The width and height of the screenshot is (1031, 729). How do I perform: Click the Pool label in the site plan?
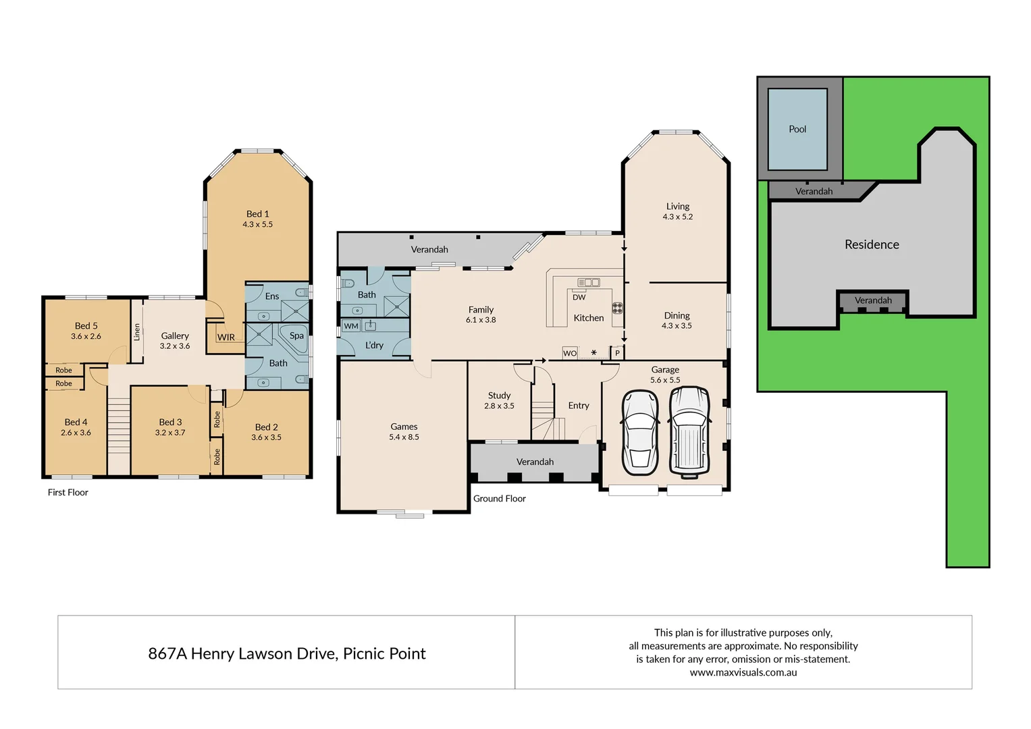pyautogui.click(x=797, y=129)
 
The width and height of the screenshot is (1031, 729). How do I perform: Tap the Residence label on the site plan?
pyautogui.click(x=872, y=244)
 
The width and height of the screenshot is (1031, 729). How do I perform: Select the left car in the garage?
pyautogui.click(x=639, y=432)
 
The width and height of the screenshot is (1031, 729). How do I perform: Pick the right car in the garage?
pyautogui.click(x=689, y=432)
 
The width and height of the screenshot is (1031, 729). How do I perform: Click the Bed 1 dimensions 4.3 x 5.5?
pyautogui.click(x=258, y=224)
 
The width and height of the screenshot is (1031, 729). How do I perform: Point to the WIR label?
pyautogui.click(x=226, y=337)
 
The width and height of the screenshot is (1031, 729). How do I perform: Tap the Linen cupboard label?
pyautogui.click(x=137, y=331)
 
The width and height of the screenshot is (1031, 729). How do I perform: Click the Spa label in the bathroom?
pyautogui.click(x=296, y=335)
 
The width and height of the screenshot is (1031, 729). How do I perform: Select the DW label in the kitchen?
pyautogui.click(x=579, y=297)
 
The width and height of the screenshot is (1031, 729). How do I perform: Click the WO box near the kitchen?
pyautogui.click(x=570, y=353)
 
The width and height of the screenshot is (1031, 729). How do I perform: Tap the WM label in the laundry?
pyautogui.click(x=351, y=326)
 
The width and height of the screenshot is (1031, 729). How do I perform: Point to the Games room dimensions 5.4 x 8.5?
pyautogui.click(x=404, y=437)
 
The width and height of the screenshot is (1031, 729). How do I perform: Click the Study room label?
pyautogui.click(x=499, y=396)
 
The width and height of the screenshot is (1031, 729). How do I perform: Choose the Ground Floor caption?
pyautogui.click(x=499, y=498)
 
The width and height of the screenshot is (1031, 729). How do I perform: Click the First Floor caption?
pyautogui.click(x=68, y=492)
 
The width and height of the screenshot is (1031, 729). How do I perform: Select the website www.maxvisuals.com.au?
pyautogui.click(x=743, y=672)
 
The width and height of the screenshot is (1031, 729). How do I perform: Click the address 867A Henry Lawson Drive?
pyautogui.click(x=286, y=653)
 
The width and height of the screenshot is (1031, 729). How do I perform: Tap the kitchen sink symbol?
pyautogui.click(x=588, y=282)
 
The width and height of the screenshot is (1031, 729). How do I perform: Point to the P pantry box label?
pyautogui.click(x=617, y=353)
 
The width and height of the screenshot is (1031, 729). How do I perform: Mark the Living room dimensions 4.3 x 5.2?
pyautogui.click(x=678, y=217)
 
